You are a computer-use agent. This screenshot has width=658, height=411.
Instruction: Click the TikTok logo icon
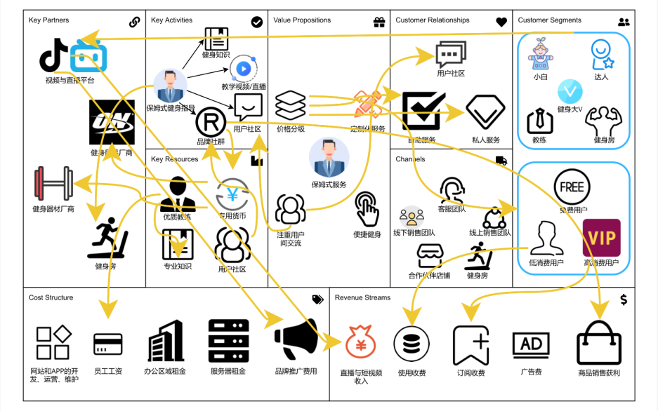coord(53,55)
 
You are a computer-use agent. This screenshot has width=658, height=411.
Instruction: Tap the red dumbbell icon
coord(53,184)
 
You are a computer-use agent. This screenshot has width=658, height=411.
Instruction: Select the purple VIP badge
coord(601,238)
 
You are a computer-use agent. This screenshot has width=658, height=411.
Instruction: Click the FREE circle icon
coord(572,187)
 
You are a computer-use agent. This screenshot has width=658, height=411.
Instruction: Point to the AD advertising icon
coord(531,344)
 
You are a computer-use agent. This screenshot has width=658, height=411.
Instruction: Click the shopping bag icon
coord(598,343)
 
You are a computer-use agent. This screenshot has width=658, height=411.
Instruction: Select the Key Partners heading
coord(49,20)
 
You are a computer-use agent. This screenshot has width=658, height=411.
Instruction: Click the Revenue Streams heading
coord(362,297)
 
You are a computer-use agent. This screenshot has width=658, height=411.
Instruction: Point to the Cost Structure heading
coord(51,297)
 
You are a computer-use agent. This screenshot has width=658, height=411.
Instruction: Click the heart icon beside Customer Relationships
coord(501,22)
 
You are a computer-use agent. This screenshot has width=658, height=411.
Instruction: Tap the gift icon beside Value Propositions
coord(379,22)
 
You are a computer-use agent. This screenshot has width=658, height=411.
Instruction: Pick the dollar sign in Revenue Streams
coord(624,299)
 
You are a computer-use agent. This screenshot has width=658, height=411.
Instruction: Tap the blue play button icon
coord(243,69)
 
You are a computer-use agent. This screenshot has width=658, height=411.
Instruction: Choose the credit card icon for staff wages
coord(107,344)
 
